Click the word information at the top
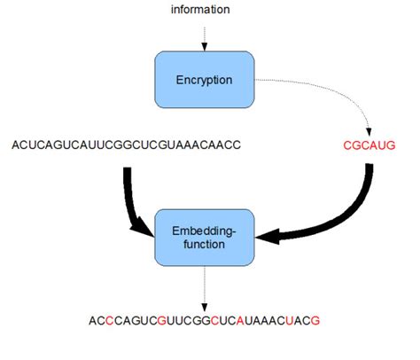pyautogui.click(x=200, y=10)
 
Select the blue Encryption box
pyautogui.click(x=205, y=80)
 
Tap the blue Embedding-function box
pyautogui.click(x=205, y=238)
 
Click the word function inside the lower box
pyautogui.click(x=204, y=244)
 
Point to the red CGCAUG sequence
pyautogui.click(x=369, y=145)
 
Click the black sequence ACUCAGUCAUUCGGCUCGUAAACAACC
pyautogui.click(x=127, y=145)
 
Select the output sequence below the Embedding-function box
pyautogui.click(x=204, y=320)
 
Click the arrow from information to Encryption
pyautogui.click(x=205, y=39)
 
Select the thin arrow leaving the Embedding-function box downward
pyautogui.click(x=205, y=288)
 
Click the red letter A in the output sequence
pyautogui.click(x=240, y=320)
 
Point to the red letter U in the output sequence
pyautogui.click(x=290, y=320)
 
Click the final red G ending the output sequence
pyautogui.click(x=315, y=320)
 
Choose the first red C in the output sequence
pyautogui.click(x=109, y=320)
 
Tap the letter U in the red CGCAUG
pyautogui.click(x=383, y=145)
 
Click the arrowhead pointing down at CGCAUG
pyautogui.click(x=369, y=132)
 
